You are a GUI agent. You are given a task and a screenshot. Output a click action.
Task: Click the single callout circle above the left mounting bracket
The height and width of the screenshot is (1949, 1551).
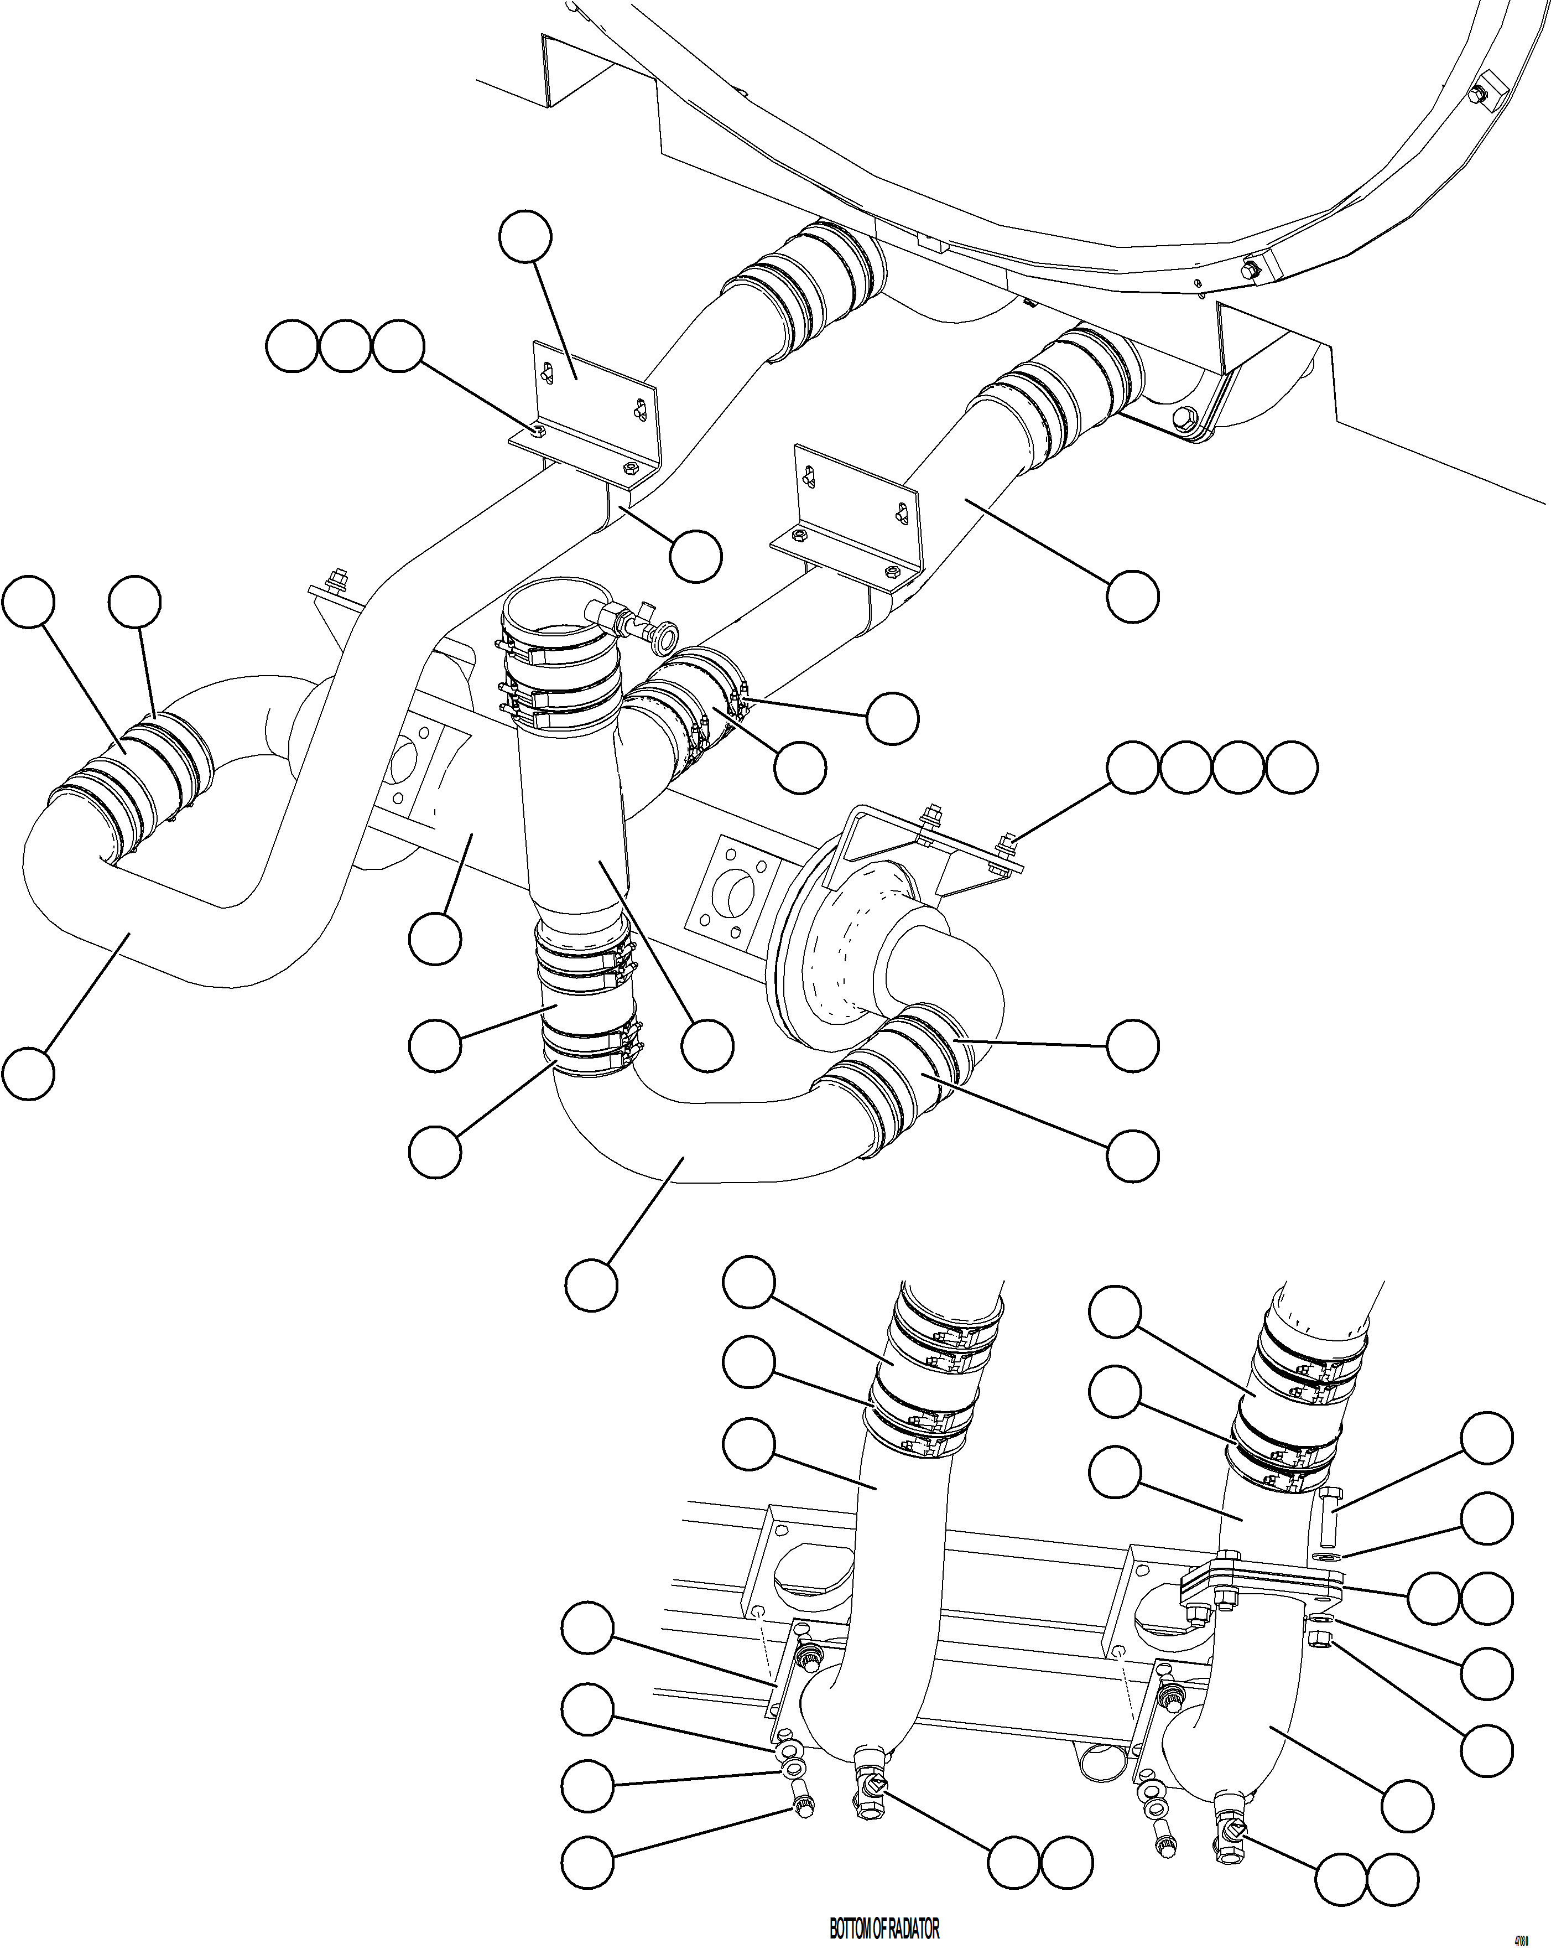(525, 237)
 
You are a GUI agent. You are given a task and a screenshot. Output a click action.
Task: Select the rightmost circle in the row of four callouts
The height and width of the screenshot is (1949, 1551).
(1290, 769)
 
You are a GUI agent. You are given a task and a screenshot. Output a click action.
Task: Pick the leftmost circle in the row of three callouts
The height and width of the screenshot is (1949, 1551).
(292, 346)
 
